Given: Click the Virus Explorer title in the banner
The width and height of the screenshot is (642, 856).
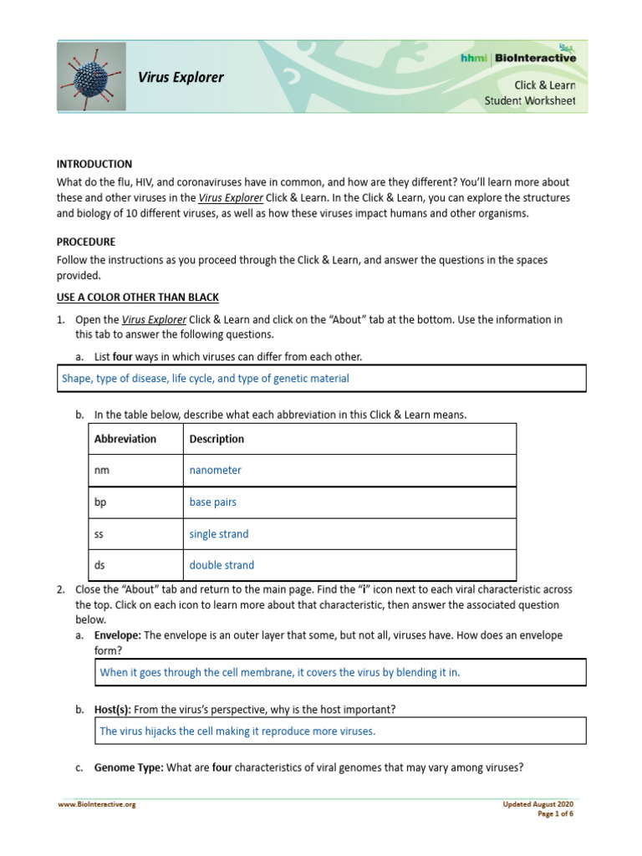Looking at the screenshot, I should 181,78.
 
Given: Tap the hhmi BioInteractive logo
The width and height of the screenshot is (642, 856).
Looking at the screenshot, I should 518,57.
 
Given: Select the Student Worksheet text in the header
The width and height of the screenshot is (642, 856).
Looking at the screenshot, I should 530,101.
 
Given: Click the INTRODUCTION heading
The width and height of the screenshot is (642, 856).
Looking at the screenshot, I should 94,164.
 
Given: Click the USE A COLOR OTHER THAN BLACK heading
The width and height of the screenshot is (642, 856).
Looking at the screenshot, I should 137,298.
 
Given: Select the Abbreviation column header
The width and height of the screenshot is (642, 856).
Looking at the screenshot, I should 125,439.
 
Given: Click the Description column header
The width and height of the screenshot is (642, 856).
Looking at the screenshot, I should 217,439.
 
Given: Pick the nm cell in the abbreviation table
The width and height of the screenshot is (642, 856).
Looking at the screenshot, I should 102,471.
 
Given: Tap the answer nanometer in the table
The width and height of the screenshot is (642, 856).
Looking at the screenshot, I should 215,471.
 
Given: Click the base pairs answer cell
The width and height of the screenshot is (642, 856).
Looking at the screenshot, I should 212,502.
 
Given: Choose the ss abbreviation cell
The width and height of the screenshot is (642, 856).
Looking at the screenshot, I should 100,534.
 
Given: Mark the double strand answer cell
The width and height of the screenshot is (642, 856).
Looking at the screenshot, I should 222,565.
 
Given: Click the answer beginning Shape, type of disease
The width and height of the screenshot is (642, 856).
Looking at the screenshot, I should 205,379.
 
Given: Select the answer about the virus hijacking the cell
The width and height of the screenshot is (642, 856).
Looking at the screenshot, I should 237,731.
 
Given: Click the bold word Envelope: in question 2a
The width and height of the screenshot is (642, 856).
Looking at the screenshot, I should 117,635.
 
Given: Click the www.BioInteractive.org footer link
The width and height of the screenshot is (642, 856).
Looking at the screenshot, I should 96,804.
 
